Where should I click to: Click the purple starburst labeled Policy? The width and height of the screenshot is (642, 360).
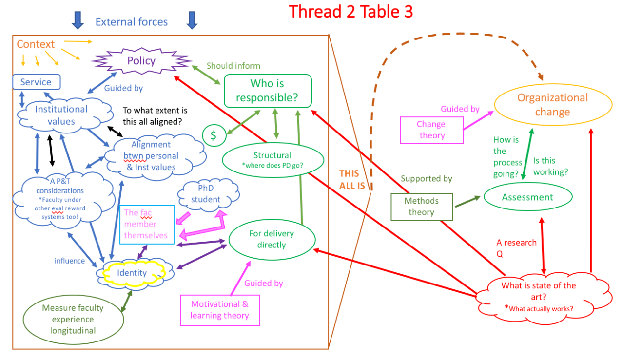pos(141,61)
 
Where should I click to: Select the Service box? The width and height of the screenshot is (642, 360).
pos(36,82)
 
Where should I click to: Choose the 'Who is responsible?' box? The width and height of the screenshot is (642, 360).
pos(267,90)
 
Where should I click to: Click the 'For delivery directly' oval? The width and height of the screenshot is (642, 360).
pos(272,239)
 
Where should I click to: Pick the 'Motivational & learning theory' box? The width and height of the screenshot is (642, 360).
pos(219,310)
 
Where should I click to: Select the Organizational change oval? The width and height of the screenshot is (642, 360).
pos(553,105)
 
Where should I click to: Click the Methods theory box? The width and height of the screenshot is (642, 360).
pos(422,207)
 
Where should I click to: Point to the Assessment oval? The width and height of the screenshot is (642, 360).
pos(527,197)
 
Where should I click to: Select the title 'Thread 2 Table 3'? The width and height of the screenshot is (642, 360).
pos(351,11)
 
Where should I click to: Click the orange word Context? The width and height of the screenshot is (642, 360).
pos(36,44)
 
